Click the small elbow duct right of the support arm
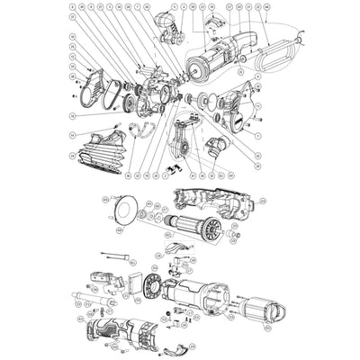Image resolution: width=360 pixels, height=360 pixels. [215, 144]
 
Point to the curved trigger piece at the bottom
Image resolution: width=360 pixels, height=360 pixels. [175, 349]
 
